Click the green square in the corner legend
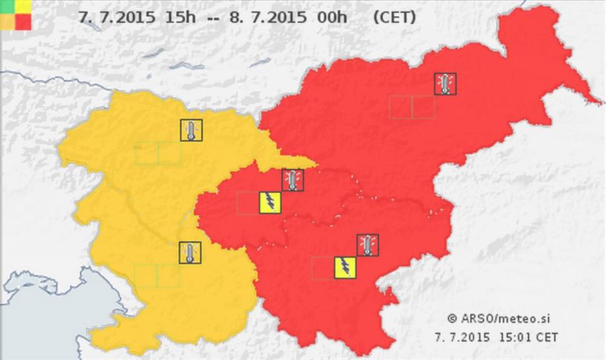(x=7, y=6)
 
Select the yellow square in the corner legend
(x=23, y=6)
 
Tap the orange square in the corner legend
(x=7, y=23)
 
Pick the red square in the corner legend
(x=23, y=23)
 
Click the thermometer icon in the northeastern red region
(x=445, y=83)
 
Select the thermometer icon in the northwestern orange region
(x=191, y=130)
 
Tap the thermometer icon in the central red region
(x=293, y=179)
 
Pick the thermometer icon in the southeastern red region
(x=367, y=245)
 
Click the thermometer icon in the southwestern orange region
(x=190, y=253)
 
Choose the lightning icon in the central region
(x=270, y=203)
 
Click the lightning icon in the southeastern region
(x=345, y=268)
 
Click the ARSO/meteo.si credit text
(x=506, y=318)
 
